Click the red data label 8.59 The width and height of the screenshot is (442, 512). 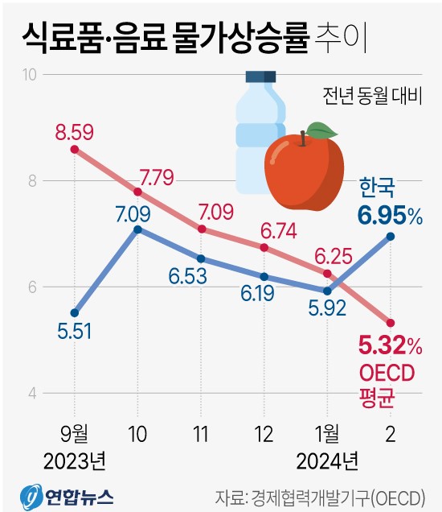75,129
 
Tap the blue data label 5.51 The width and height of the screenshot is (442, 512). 73,332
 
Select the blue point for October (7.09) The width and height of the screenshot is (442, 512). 137,229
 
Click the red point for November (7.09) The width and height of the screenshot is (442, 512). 201,229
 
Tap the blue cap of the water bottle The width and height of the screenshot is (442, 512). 260,78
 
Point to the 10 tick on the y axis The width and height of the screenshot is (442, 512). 31,75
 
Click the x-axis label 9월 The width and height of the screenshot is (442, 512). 75,433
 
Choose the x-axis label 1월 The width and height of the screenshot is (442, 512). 327,433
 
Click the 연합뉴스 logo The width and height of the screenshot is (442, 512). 68,493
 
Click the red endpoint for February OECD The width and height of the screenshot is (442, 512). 391,323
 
